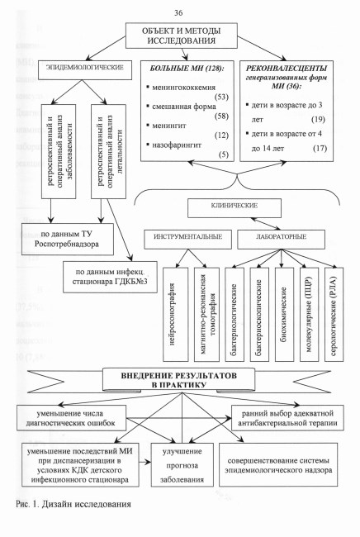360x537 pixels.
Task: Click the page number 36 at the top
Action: coord(178,13)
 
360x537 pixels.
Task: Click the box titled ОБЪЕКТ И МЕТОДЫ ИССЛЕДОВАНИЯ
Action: coord(182,36)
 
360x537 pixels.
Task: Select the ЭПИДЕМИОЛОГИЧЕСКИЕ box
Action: coord(84,70)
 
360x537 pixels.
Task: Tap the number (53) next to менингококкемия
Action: coord(222,97)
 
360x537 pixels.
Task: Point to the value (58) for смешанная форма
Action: coord(221,116)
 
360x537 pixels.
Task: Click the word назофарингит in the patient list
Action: coord(177,145)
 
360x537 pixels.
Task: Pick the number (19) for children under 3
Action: coord(318,120)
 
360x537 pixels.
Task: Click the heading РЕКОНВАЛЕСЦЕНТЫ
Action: coord(287,68)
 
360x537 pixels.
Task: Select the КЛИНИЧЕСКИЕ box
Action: coord(234,208)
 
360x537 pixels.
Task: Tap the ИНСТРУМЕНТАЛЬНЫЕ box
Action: coord(188,239)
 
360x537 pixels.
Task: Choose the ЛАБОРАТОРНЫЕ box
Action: coord(281,239)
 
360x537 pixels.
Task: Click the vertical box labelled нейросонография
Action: coord(176,315)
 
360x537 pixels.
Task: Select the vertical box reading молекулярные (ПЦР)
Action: coord(309,315)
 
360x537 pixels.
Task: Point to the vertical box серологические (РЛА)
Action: coord(334,315)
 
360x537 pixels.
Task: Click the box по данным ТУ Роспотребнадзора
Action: coord(68,240)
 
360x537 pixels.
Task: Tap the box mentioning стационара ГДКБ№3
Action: coord(110,277)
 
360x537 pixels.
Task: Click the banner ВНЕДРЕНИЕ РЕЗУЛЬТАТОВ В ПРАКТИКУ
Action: coord(179,379)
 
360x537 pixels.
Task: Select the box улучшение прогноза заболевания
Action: coord(182,465)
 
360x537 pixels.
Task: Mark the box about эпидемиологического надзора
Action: coord(278,465)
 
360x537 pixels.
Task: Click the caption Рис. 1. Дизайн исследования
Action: coord(73,504)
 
